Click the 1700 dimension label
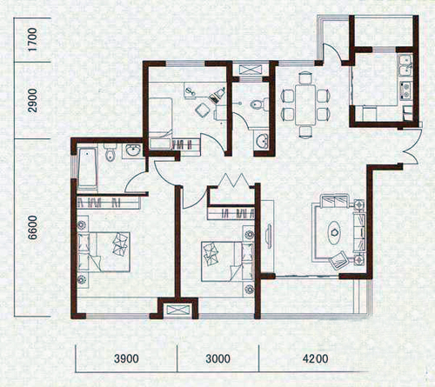(33, 40)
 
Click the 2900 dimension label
(33, 100)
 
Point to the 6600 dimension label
(33, 227)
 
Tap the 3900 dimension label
(126, 359)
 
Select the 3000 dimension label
(217, 359)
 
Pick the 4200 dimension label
(315, 359)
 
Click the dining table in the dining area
(305, 104)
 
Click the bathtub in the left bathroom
(87, 168)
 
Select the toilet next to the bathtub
(110, 152)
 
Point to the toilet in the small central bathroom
(260, 104)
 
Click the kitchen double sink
(405, 65)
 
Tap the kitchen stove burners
(405, 90)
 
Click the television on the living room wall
(269, 236)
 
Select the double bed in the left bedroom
(104, 251)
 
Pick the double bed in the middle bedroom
(228, 262)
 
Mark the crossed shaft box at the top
(251, 70)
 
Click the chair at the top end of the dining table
(305, 77)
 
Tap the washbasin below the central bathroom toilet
(262, 141)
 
